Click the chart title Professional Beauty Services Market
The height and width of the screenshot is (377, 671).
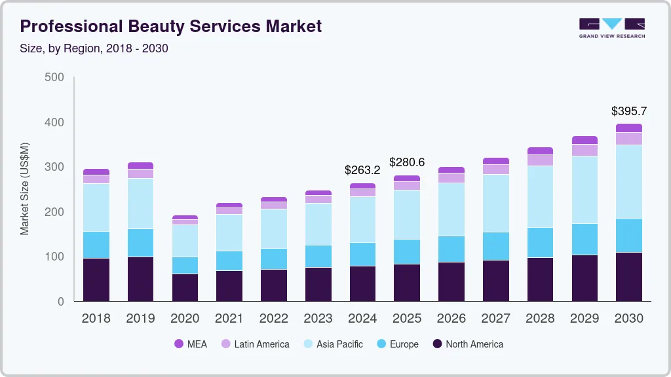(x=171, y=26)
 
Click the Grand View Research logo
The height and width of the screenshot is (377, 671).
(x=611, y=27)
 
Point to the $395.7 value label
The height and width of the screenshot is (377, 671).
(x=628, y=111)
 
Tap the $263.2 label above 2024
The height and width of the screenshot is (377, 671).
(x=362, y=170)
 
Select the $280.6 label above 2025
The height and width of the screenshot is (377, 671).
(x=407, y=162)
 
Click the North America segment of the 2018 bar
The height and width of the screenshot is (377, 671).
(x=96, y=279)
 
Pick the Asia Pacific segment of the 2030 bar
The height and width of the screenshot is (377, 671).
(x=628, y=181)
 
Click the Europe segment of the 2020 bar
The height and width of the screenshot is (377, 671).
(x=185, y=265)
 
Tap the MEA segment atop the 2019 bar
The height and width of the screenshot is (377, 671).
(x=140, y=166)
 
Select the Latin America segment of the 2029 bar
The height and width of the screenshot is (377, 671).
(x=584, y=150)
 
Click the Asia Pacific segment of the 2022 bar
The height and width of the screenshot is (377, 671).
(x=274, y=228)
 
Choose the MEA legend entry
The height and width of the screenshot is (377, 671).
(x=191, y=344)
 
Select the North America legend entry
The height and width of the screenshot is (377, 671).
(x=468, y=344)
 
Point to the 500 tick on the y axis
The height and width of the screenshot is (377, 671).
(x=54, y=77)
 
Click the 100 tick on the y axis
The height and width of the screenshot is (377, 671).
(x=54, y=257)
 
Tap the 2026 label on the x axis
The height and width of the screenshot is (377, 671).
(x=451, y=318)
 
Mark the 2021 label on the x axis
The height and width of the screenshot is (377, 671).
(x=229, y=318)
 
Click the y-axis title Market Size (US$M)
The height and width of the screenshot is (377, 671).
(x=24, y=188)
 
